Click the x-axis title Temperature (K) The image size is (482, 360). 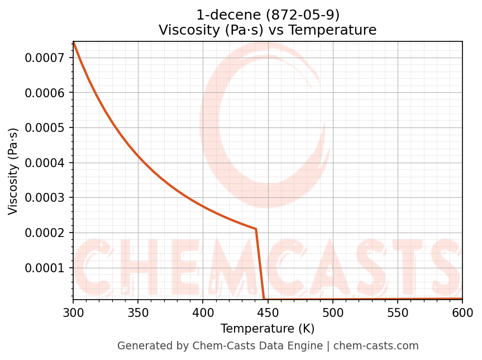coord(268,329)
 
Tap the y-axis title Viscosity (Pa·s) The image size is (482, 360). coord(13,171)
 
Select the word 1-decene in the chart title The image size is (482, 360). coord(219,15)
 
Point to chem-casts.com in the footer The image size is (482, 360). coord(376,346)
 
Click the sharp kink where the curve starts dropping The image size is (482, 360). coord(256,229)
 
